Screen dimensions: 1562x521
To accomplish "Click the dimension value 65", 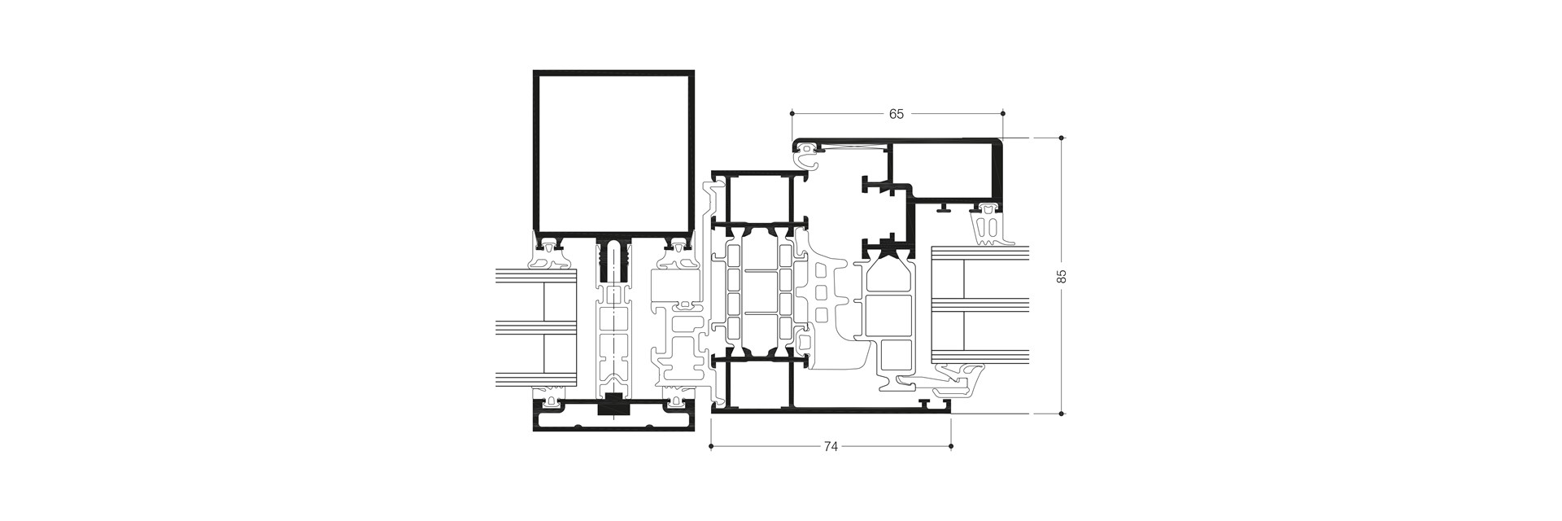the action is pos(896,114).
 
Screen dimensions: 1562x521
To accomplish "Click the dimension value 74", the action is pos(831,447).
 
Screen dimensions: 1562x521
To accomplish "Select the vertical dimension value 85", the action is pos(1061,276).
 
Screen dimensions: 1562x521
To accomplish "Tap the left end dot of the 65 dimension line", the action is pos(792,113).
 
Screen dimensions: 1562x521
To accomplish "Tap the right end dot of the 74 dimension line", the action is pos(952,446).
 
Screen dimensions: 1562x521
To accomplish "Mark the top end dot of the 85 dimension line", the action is pos(1061,138).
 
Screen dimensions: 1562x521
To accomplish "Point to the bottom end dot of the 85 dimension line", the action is pos(1061,414).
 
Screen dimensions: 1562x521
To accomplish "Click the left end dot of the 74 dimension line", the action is pos(711,446).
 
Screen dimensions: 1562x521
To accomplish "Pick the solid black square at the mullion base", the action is pos(614,405).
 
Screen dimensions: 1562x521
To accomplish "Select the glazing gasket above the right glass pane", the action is pos(989,224).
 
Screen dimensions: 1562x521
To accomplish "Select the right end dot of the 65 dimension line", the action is pos(1002,113).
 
